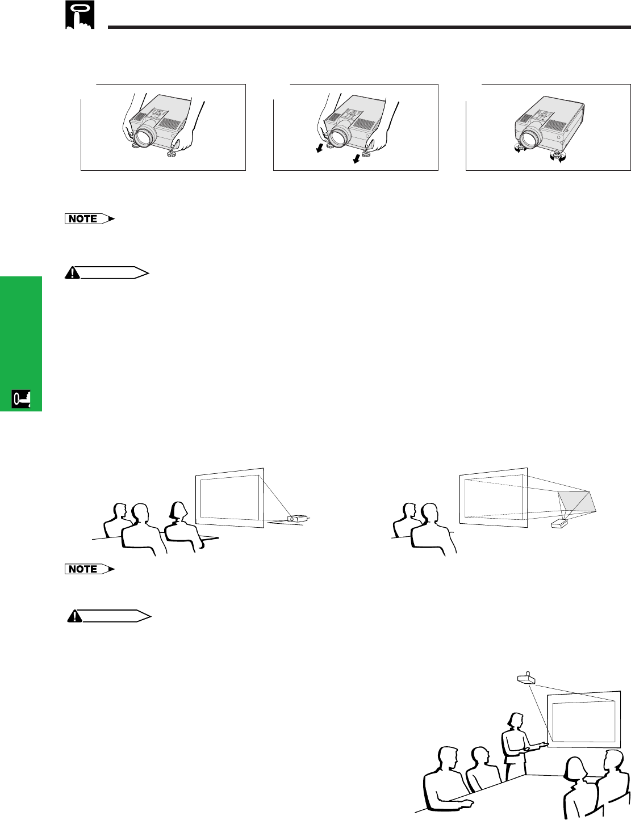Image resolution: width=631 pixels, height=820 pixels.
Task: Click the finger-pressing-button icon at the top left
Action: (80, 15)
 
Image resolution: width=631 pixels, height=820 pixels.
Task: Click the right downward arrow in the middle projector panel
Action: (356, 159)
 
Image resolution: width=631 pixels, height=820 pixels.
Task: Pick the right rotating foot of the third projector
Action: (557, 157)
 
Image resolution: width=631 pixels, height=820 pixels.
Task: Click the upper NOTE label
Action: (90, 219)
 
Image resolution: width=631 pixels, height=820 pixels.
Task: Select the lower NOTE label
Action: (90, 569)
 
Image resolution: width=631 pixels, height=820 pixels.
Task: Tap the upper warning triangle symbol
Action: (72, 273)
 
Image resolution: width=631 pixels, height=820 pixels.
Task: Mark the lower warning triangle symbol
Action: (75, 616)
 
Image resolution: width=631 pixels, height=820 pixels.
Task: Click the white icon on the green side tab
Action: (21, 400)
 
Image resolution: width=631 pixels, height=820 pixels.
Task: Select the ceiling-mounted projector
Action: (526, 678)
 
